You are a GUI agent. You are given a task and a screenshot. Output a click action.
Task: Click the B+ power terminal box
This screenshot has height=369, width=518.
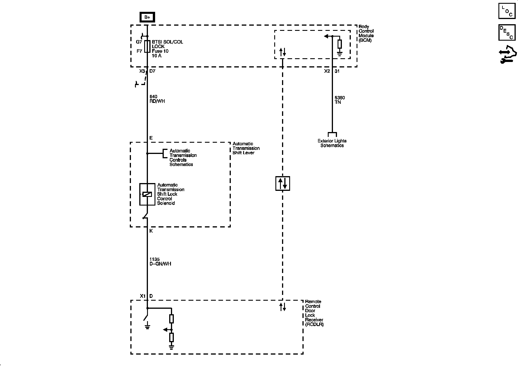click(x=147, y=17)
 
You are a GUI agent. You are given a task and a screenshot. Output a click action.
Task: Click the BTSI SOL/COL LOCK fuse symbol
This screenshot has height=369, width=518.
click(x=147, y=46)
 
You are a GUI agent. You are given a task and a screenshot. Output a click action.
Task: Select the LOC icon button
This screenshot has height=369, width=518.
click(x=507, y=11)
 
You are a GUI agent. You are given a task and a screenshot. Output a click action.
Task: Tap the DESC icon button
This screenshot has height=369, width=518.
click(x=507, y=32)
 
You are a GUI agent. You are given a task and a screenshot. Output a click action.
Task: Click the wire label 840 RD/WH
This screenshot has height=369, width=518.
click(x=157, y=99)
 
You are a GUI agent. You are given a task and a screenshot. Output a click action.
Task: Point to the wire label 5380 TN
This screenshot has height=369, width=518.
click(x=340, y=100)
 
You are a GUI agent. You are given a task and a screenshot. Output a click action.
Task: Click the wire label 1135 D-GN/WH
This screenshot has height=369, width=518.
click(x=160, y=261)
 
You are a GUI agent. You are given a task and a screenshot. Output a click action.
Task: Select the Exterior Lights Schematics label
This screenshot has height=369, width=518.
click(x=332, y=143)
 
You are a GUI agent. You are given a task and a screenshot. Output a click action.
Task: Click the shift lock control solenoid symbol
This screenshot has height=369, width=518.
click(x=147, y=194)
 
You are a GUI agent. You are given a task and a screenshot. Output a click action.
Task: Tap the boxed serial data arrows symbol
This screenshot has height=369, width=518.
click(x=283, y=183)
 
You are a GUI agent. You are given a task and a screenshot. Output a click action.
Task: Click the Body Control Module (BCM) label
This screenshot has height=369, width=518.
click(x=366, y=33)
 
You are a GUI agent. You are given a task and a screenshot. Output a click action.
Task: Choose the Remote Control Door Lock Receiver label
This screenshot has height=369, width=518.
click(x=314, y=313)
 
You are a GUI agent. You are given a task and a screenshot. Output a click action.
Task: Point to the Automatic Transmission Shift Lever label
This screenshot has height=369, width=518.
click(x=246, y=148)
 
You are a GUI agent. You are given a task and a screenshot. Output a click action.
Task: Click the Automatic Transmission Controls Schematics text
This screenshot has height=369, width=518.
click(x=183, y=157)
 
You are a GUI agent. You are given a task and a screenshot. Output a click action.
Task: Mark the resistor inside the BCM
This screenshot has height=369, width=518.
click(x=340, y=44)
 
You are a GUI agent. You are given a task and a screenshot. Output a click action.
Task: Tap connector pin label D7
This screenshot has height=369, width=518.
click(x=152, y=71)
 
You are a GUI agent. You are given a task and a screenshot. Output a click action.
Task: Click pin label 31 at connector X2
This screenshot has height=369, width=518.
click(x=337, y=71)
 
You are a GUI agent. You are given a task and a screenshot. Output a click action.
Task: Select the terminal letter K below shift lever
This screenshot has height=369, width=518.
click(x=151, y=231)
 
